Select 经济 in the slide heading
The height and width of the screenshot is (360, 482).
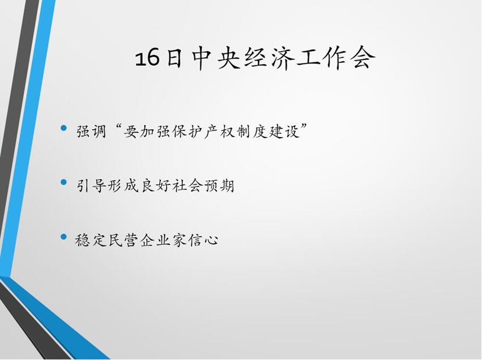point(268,58)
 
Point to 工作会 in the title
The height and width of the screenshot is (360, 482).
point(336,58)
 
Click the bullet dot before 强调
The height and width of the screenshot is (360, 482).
point(64,128)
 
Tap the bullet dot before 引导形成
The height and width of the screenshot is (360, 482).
point(64,183)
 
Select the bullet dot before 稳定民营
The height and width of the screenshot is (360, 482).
point(64,236)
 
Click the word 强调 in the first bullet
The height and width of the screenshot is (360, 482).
point(91,132)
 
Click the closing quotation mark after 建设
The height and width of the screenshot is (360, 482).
point(304,127)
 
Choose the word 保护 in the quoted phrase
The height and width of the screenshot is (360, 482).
point(187,132)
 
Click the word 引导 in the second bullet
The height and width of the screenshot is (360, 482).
point(91,186)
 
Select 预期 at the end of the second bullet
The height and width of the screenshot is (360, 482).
point(219,186)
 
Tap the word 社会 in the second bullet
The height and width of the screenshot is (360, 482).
point(187,186)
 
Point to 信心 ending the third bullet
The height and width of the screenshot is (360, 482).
point(203,240)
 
